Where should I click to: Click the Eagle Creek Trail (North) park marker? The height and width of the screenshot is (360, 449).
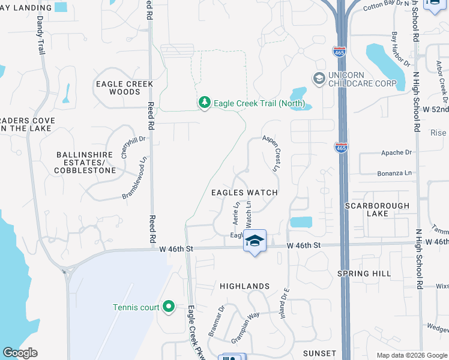[205, 103]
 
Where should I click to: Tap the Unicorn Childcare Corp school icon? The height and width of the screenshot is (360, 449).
[318, 78]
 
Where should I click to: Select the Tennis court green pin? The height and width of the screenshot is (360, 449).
[169, 307]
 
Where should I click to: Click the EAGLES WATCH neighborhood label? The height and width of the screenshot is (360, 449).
[244, 193]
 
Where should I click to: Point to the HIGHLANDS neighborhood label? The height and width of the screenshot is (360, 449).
[244, 286]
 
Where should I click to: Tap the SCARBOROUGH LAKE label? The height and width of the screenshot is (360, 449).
[377, 209]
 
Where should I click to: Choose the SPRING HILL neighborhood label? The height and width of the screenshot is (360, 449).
[377, 273]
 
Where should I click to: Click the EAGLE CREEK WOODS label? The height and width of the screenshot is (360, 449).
[125, 88]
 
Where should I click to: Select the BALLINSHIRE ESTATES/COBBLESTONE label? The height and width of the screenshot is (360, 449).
[85, 163]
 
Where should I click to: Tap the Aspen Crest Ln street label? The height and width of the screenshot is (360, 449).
[271, 154]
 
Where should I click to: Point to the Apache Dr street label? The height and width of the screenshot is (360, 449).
[397, 152]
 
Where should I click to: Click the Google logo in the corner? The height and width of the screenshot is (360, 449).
[20, 353]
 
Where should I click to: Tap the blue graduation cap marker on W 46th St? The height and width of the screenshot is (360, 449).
[255, 241]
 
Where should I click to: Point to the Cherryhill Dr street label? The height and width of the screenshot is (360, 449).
[125, 146]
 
